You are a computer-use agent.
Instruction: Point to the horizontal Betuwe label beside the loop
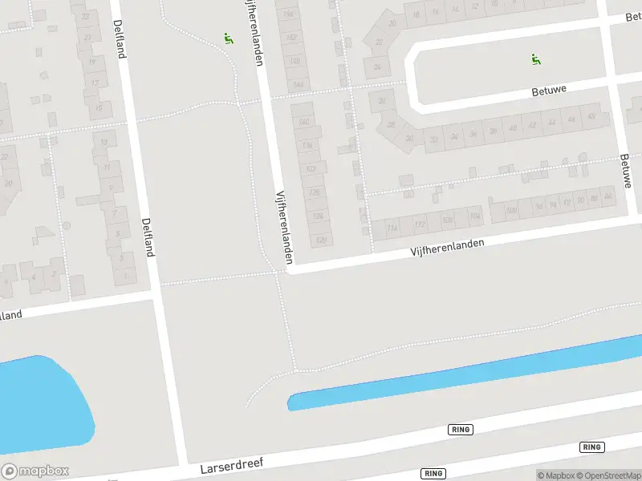(x=550, y=91)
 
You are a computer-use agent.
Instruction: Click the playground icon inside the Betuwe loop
(x=535, y=58)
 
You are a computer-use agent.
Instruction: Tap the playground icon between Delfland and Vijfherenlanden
(x=229, y=38)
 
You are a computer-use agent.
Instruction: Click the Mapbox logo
(x=35, y=471)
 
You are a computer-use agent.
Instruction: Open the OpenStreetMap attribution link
(x=607, y=475)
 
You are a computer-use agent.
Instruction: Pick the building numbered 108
(x=448, y=220)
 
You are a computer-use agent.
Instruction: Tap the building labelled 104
(x=474, y=216)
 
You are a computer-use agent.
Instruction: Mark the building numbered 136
(x=307, y=146)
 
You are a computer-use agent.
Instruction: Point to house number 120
(x=321, y=239)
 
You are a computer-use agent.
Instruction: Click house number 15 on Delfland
(x=99, y=107)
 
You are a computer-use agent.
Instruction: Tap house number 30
(x=409, y=139)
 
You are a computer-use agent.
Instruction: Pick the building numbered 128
(x=315, y=192)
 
